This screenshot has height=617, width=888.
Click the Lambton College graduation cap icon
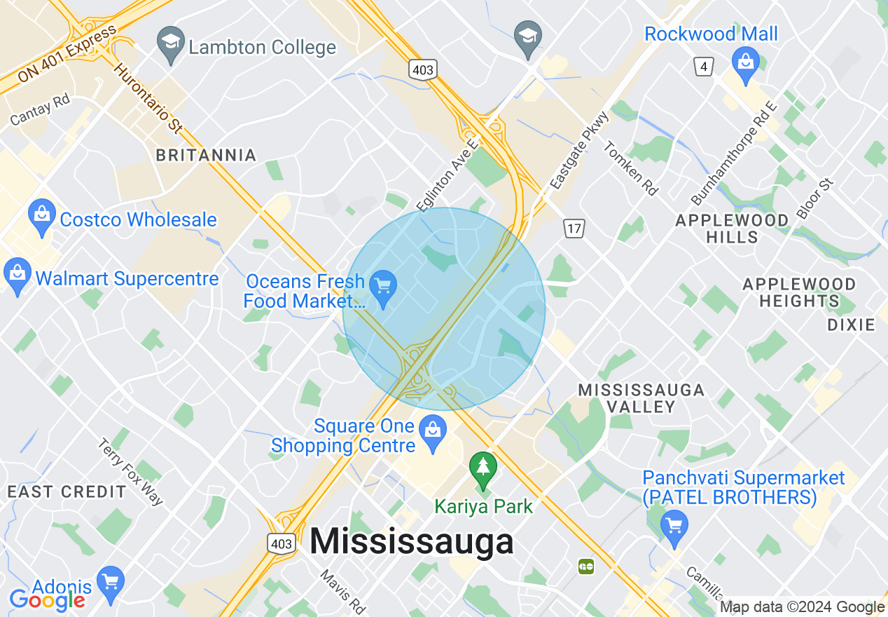[x=170, y=42]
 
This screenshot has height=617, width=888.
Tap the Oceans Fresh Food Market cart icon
[x=383, y=287]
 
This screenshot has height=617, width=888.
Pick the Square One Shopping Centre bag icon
[x=433, y=428]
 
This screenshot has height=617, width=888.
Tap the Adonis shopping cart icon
[x=111, y=581]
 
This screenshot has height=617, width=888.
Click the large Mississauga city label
[x=411, y=542]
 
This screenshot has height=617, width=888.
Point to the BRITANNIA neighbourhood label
[x=206, y=155]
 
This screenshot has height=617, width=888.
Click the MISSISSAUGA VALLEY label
[x=641, y=398]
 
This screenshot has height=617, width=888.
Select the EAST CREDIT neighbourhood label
[x=67, y=491]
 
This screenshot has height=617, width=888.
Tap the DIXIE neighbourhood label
[x=851, y=325]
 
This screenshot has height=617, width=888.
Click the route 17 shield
[x=574, y=228]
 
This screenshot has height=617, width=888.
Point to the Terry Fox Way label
[x=130, y=471]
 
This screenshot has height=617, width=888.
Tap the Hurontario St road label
[x=147, y=99]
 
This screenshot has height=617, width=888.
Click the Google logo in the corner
[x=47, y=598]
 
